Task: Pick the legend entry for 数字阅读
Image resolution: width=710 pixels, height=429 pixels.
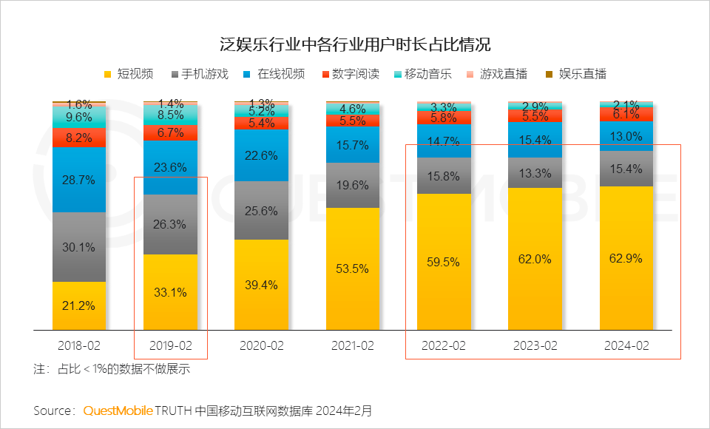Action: (x=351, y=73)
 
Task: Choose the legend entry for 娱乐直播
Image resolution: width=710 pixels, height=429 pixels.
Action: (x=576, y=73)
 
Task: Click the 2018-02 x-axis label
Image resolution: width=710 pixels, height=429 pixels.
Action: (x=79, y=345)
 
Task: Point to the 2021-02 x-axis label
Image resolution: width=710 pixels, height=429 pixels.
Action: (x=353, y=345)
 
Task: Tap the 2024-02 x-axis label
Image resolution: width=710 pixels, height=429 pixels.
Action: (x=626, y=345)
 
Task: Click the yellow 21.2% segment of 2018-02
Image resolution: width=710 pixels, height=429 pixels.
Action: (x=79, y=305)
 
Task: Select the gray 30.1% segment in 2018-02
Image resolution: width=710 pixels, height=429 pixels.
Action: (x=79, y=247)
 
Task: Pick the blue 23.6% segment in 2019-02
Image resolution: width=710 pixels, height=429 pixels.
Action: (x=170, y=167)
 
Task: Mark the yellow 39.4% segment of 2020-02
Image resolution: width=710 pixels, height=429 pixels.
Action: (x=262, y=285)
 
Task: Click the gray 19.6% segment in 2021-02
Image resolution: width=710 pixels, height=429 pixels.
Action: (x=353, y=185)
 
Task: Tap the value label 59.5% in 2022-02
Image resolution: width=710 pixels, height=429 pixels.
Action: (x=444, y=261)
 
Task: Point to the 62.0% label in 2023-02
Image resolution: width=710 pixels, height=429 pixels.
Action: (x=535, y=259)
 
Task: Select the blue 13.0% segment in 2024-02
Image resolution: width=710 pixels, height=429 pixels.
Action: (x=626, y=136)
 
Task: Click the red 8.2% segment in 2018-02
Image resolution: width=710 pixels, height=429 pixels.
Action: (x=79, y=138)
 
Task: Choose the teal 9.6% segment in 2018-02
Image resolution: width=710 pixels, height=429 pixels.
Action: (x=79, y=117)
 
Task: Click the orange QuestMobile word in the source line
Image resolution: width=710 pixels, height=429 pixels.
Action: (x=118, y=410)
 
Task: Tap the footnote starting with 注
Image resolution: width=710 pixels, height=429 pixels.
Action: (x=111, y=368)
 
